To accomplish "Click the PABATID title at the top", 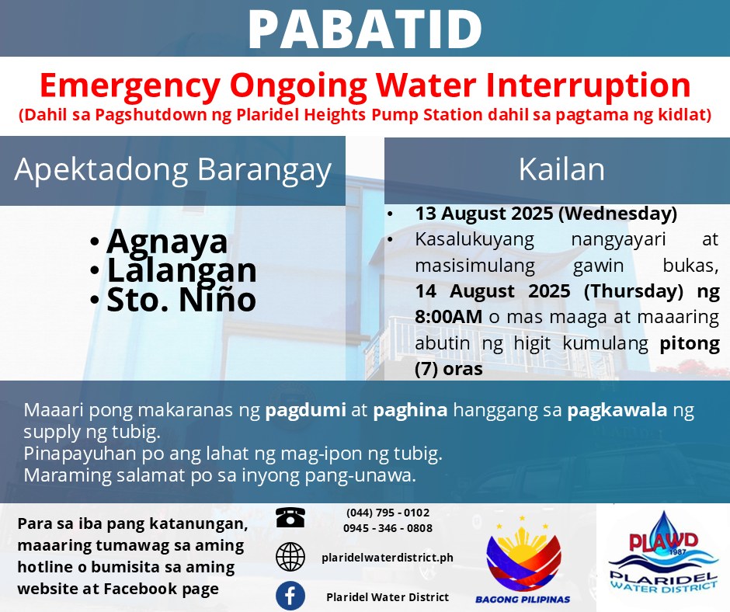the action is tap(365, 29).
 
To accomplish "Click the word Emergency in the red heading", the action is tap(130, 86).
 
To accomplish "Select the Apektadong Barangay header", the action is tap(172, 169).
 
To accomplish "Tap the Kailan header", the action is tap(561, 169).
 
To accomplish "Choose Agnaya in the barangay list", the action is tap(167, 242).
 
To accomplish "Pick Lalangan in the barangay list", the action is tap(182, 270).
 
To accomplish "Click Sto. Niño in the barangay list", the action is tap(181, 300).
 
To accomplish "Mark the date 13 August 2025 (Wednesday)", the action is tap(546, 214).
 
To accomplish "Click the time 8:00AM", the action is tap(448, 317).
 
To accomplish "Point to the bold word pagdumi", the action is tap(305, 411).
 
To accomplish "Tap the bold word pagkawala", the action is tap(617, 411).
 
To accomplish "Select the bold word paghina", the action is tap(410, 411).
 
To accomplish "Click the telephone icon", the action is tap(290, 517).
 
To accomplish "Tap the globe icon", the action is tap(290, 557).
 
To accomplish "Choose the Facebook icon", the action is tap(290, 596).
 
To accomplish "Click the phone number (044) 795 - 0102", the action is tap(388, 513).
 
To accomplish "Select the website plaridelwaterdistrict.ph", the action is tap(388, 558).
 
